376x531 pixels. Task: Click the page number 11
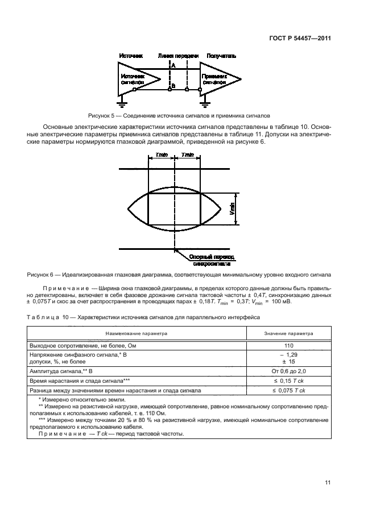click(328, 483)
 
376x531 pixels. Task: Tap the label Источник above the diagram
click(130, 56)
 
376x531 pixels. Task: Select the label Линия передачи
click(178, 56)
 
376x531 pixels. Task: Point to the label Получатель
click(221, 56)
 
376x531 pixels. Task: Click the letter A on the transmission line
click(173, 66)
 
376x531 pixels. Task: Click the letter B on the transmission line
click(173, 86)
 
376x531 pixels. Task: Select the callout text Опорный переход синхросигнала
click(210, 260)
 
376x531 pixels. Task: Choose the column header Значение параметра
click(288, 334)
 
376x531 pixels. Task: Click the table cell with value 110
click(288, 345)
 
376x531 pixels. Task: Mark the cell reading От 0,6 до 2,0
click(288, 370)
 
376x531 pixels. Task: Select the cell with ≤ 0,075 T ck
click(288, 391)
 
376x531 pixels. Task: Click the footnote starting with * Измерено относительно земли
click(72, 400)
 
